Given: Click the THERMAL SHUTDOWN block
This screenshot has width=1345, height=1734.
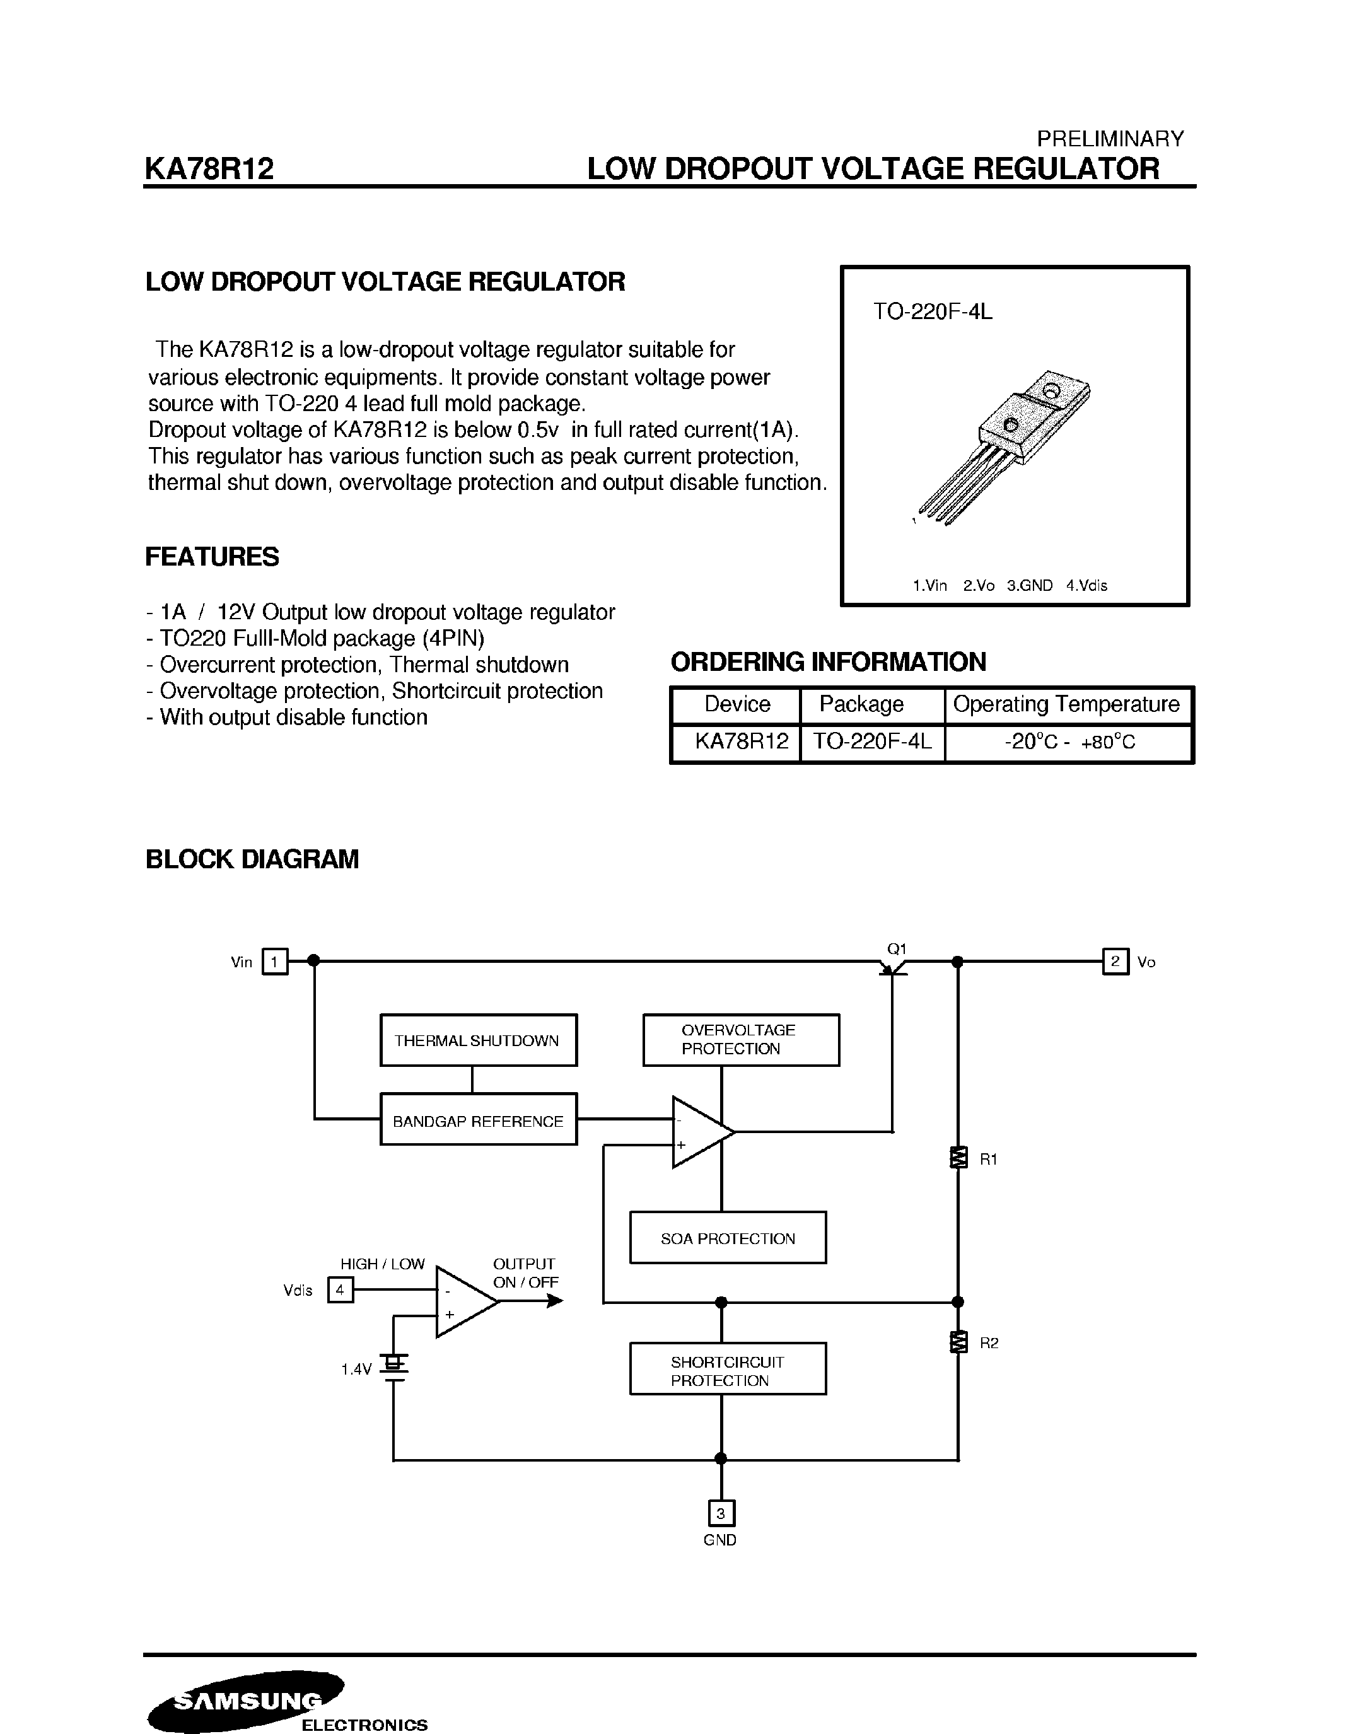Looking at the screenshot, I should coord(478,1040).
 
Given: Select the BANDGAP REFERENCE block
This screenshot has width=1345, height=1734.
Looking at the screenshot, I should coord(478,1119).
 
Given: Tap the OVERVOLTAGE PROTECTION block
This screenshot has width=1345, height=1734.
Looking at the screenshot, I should coord(741,1039).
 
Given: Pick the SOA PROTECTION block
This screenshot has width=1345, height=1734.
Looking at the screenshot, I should coord(727,1238).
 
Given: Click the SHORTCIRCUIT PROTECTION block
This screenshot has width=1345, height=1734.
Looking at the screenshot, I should coord(727,1370).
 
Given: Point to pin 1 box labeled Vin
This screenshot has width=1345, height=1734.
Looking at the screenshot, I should coord(275,962).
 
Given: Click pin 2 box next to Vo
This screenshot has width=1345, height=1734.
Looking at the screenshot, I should coord(1115,962).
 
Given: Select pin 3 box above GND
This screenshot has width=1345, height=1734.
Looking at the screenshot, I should coord(721,1513).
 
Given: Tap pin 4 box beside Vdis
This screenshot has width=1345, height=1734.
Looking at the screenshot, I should coord(340,1290).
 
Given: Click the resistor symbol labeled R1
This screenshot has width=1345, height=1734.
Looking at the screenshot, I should coord(958,1158).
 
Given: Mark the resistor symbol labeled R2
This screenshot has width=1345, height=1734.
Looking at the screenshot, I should coord(958,1342).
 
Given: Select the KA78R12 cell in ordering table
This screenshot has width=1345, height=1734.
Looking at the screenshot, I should coord(740,742).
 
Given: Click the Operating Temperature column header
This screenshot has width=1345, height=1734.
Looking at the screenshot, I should coord(1066,704).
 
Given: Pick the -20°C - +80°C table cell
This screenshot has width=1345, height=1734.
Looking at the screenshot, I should coord(1069,742).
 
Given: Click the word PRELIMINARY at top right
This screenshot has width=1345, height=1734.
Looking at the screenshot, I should coord(1109,139).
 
